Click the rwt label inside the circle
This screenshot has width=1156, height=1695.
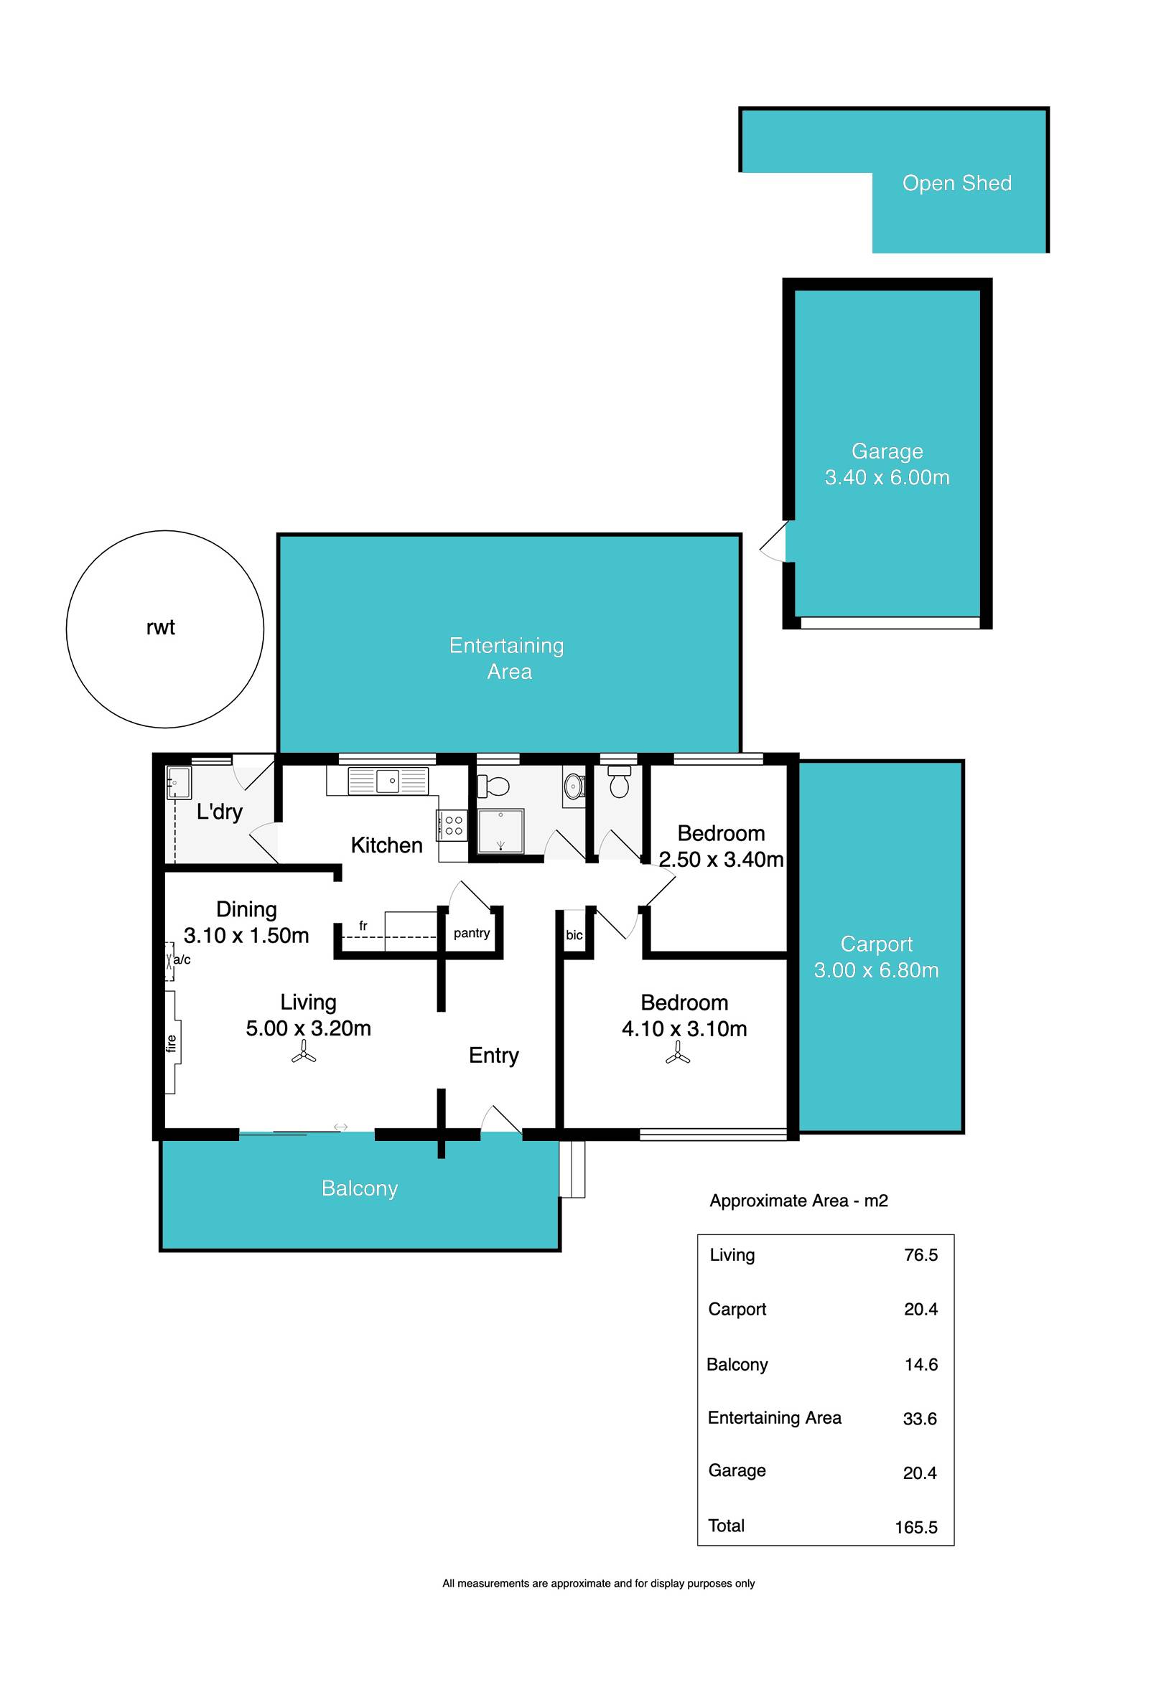161,628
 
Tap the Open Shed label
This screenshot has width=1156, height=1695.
957,183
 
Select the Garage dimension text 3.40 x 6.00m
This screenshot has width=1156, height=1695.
887,478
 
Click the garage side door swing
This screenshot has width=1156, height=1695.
773,541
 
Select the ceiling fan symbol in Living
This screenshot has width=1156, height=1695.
304,1053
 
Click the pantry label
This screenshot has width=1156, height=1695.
472,934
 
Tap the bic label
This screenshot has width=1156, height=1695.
574,935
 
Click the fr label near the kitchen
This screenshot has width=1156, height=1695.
363,926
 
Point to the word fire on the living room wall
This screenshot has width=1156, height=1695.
172,1043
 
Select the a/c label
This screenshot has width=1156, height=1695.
182,960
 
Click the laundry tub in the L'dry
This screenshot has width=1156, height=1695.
179,784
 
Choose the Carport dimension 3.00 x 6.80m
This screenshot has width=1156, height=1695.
876,970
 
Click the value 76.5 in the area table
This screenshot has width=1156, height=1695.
920,1254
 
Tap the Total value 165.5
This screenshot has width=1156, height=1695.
916,1527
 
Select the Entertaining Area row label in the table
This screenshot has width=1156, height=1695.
774,1417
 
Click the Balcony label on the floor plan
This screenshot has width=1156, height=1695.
360,1188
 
